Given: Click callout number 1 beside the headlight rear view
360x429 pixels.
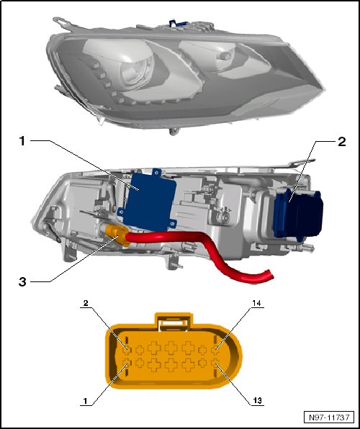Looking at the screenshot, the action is pos(22,142).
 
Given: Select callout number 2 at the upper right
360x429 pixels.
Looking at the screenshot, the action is pos(342,142).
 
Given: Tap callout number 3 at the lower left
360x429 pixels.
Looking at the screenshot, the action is pos(22,281).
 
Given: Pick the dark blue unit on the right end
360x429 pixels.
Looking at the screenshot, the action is pos(298,215).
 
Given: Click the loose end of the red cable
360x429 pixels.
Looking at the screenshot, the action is pos(270,275).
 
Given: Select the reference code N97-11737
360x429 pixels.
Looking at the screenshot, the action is pos(329,417).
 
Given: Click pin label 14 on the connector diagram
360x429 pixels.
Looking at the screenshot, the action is pos(257,303).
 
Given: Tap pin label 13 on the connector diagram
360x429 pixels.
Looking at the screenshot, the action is pos(257,401).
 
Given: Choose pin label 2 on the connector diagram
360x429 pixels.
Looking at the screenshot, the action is pos(86,303).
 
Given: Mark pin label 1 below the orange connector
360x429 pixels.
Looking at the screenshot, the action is pos(85,401).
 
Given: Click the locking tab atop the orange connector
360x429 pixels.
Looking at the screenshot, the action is pos(174,320).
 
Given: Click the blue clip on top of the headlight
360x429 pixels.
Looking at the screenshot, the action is pos(177,23).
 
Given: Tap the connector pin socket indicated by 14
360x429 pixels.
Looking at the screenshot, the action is pos(215,349).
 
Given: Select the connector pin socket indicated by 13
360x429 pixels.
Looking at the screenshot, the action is pos(215,363).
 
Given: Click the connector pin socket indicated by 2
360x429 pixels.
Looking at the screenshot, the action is pos(127,349).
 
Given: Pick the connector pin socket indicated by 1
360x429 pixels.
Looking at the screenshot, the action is pos(127,363).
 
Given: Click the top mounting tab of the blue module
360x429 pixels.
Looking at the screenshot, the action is pos(156,172).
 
